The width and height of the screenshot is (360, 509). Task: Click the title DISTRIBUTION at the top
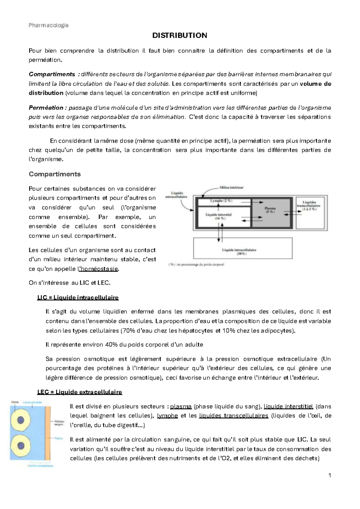tap(180, 35)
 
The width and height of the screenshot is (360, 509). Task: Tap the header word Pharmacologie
tap(49, 25)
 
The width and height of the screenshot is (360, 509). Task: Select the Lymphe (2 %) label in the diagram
tap(221, 201)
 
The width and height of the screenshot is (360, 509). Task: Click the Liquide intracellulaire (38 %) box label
tap(239, 251)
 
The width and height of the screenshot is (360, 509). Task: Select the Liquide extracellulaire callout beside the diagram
tap(176, 195)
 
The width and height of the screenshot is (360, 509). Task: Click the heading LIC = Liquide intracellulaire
tap(78, 298)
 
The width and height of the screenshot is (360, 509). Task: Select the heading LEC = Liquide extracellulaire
tap(79, 392)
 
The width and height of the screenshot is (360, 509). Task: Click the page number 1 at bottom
tap(329, 475)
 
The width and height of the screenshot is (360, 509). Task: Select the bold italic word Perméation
tap(46, 108)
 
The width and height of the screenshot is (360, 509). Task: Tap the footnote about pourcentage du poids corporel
tap(196, 265)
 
